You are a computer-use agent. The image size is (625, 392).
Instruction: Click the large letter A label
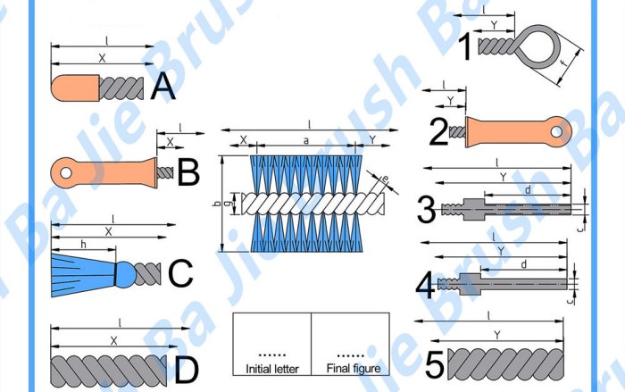163,87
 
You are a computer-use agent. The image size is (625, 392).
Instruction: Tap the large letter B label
187,171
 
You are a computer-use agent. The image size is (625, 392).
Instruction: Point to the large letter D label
186,370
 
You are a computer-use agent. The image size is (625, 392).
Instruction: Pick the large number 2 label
437,132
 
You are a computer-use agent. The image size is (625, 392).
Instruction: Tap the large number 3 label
426,211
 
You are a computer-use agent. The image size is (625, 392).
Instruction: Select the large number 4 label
426,286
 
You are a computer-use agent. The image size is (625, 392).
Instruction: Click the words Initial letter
271,368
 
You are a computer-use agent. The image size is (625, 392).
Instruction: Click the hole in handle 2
556,132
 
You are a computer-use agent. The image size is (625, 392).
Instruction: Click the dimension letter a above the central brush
306,140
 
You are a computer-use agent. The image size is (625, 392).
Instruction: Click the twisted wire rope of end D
107,368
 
